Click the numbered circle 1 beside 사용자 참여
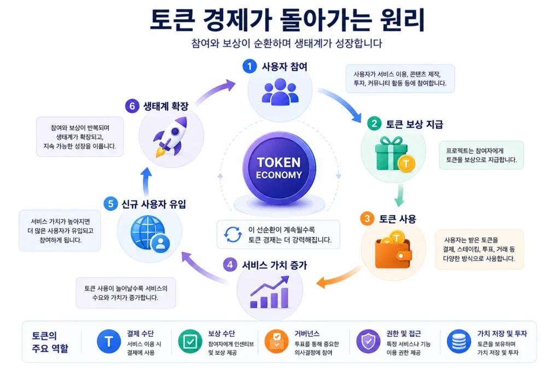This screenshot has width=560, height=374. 249,66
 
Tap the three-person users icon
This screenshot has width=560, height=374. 280,92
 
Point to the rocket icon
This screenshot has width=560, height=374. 171,137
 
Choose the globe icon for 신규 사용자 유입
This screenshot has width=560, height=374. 150,234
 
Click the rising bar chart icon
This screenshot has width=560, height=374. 270,292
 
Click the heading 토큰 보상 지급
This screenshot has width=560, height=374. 415,124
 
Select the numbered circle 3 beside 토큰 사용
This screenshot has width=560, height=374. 367,218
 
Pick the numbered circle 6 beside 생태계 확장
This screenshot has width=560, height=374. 132,106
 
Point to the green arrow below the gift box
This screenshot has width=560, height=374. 400,195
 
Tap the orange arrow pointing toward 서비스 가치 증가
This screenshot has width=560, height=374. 338,278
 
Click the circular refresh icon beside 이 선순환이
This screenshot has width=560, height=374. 233,234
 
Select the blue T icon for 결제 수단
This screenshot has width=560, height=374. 109,341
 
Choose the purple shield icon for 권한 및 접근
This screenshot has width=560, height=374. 368,341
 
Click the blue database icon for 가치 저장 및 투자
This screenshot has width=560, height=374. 459,341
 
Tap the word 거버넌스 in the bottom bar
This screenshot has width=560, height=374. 307,333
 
